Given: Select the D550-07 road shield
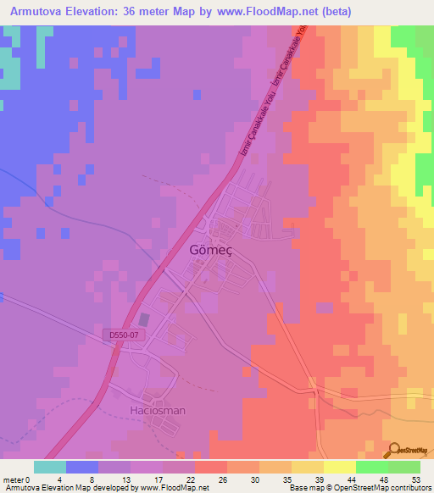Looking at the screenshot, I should coord(123,336).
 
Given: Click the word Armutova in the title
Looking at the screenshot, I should coord(34,12).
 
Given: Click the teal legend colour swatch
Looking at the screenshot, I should coord(50,467).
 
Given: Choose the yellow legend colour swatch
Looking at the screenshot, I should coord(340,467).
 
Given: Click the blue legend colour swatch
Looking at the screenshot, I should coord(82,467).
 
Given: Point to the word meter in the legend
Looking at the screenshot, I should coord(13,479).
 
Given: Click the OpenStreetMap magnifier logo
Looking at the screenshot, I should coord(393,450).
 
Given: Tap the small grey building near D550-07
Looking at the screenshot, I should coord(143,320).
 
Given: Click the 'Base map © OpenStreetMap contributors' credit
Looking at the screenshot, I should coord(357,488).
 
